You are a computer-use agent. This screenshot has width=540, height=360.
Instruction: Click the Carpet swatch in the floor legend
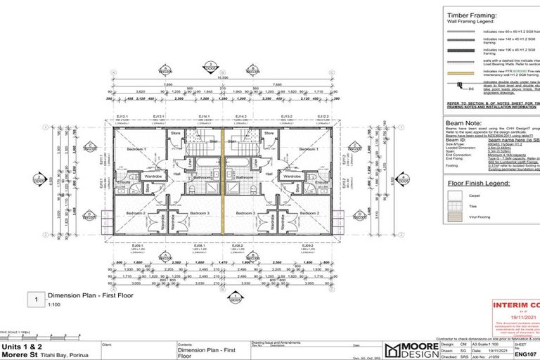pos(455,195)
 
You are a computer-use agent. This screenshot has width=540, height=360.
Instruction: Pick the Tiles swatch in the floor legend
pos(455,207)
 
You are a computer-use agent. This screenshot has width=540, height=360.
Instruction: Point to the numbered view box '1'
pos(37,299)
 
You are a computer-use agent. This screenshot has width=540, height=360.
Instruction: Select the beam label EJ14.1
pos(203,116)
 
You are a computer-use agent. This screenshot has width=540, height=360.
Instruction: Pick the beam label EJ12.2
pos(323,116)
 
